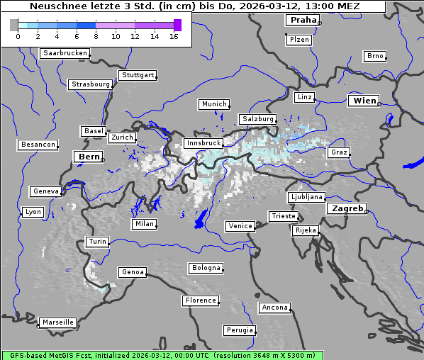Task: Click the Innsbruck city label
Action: [203, 143]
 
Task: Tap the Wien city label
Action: [365, 101]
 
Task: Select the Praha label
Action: [303, 20]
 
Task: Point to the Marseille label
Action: [57, 322]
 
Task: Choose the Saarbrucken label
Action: [65, 53]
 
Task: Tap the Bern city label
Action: [89, 157]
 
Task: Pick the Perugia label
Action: [239, 330]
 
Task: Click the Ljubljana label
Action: [306, 197]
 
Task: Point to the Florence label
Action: [201, 300]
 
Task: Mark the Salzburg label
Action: [257, 119]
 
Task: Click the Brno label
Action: [375, 56]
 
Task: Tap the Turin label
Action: [97, 242]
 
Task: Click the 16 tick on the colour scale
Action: [174, 35]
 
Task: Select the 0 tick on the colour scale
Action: [17, 35]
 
